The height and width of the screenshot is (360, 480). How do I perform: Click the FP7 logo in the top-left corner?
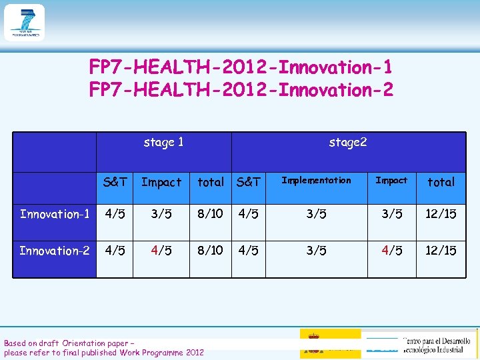(x=24, y=23)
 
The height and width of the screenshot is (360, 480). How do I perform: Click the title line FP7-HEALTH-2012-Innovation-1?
(x=241, y=67)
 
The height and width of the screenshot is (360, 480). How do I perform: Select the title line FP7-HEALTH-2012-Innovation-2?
(x=241, y=89)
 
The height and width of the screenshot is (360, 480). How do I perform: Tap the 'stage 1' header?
(x=164, y=142)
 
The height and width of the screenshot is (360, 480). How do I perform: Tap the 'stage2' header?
(x=347, y=142)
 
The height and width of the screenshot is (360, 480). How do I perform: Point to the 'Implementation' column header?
(x=316, y=180)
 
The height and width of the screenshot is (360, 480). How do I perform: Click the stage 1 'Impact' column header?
(x=161, y=182)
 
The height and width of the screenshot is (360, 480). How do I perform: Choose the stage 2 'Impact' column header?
(x=391, y=180)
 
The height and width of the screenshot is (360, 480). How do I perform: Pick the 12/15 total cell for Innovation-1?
(x=441, y=214)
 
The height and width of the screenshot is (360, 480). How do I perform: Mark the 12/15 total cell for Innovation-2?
(x=441, y=251)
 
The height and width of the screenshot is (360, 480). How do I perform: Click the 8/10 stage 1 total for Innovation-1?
(x=211, y=214)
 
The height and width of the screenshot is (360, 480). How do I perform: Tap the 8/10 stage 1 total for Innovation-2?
(x=211, y=251)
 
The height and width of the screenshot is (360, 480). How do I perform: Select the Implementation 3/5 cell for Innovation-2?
(x=316, y=251)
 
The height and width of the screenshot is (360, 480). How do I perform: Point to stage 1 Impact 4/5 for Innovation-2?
(x=161, y=251)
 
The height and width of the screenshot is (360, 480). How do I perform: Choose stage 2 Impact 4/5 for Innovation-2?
(x=391, y=251)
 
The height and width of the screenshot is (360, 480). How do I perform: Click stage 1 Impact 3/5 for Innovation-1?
(x=161, y=214)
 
